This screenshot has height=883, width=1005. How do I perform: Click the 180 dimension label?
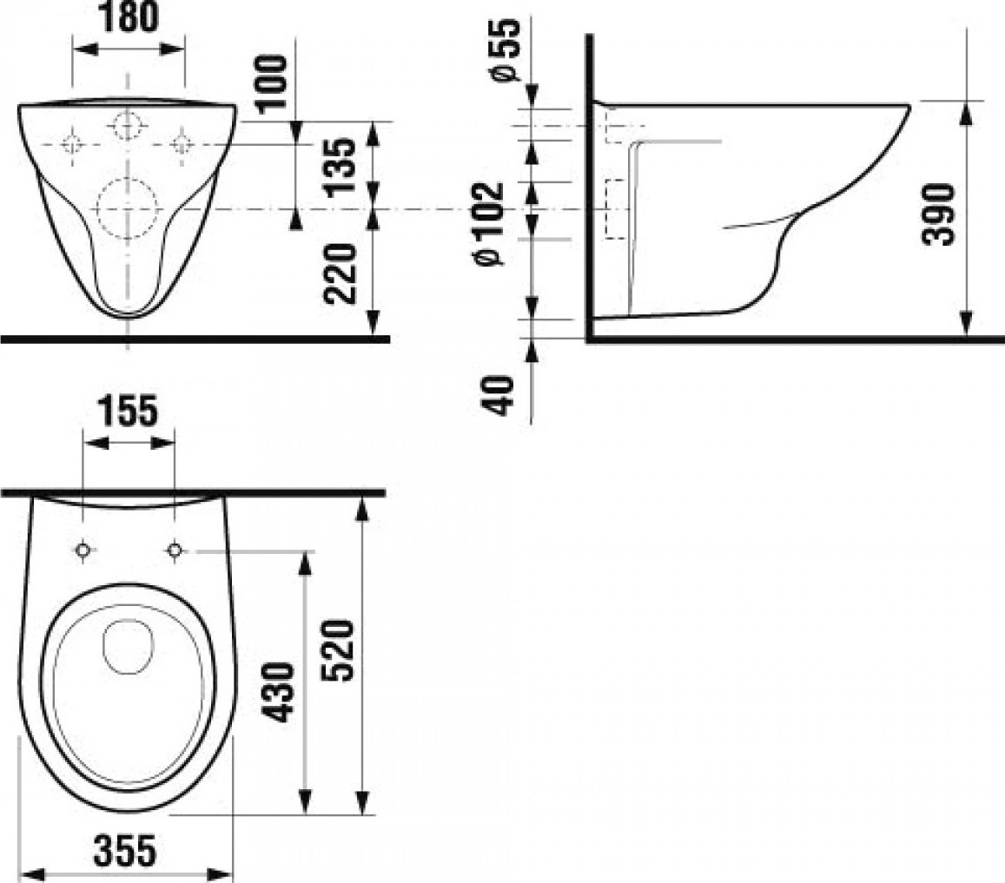(129, 17)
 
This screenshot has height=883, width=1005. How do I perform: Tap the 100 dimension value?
(271, 82)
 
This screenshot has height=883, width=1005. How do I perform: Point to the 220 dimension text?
(339, 273)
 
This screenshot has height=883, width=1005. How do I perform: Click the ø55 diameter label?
(505, 50)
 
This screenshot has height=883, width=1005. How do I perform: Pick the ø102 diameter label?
(488, 223)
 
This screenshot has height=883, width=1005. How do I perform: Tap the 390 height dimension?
(938, 214)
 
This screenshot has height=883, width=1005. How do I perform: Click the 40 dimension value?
(500, 396)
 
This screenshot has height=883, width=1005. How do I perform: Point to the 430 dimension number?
(280, 692)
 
